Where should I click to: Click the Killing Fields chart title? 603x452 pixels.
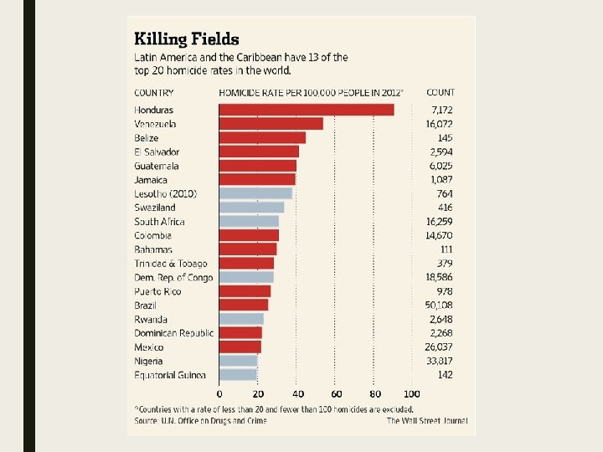[x=187, y=39]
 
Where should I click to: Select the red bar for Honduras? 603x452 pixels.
[x=307, y=110]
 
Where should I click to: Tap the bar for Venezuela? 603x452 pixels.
[x=271, y=124]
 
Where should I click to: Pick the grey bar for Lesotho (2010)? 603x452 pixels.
[x=255, y=193]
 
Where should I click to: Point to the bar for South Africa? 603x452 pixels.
[x=249, y=222]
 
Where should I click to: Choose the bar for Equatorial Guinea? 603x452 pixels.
[x=238, y=375]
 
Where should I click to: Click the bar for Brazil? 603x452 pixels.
[x=244, y=306]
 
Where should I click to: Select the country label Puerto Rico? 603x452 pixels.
[x=157, y=291]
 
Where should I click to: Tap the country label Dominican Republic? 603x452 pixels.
[x=173, y=333]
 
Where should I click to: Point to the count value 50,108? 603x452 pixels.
[x=439, y=306]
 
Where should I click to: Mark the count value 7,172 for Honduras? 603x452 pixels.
[x=442, y=110]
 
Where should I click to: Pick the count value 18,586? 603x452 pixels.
[x=439, y=278]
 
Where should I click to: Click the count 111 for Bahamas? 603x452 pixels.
[x=446, y=249]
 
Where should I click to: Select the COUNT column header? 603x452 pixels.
[x=441, y=92]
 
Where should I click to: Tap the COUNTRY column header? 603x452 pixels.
[x=154, y=92]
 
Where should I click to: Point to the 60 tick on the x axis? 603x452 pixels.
[x=336, y=393]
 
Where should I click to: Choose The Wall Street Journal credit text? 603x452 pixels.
[x=427, y=420]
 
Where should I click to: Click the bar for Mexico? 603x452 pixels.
[x=240, y=347]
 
